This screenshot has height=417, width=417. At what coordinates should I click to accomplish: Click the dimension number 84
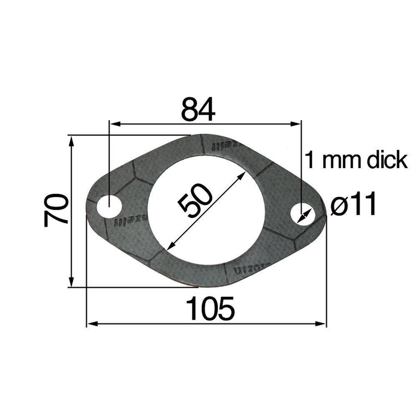point(198,109)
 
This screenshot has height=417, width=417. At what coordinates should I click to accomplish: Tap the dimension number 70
point(56,210)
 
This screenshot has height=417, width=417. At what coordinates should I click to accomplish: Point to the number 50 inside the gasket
point(195,201)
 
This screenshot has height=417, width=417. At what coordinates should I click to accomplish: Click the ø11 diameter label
point(354,205)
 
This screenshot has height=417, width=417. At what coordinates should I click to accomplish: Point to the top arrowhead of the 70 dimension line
point(72,140)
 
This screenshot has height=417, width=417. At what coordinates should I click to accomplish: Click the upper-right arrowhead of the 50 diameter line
point(241,177)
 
